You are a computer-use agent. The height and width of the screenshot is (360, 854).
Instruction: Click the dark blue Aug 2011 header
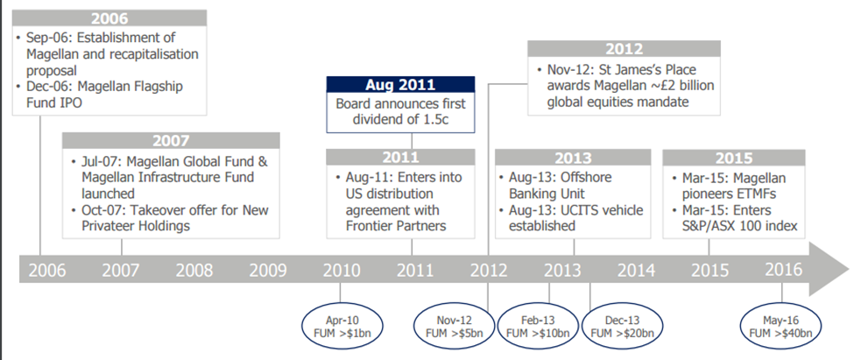[400, 84]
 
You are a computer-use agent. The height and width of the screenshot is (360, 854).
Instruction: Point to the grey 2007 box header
[171, 140]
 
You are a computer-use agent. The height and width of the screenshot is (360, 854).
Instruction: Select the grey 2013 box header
[573, 158]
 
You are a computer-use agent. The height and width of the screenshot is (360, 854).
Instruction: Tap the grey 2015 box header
[734, 158]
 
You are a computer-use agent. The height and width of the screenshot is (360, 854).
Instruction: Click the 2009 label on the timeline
[267, 270]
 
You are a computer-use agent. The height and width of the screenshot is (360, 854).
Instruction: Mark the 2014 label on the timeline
[637, 270]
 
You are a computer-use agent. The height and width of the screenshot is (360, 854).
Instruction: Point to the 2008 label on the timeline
[194, 270]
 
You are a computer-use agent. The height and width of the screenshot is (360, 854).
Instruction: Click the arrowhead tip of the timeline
[849, 269]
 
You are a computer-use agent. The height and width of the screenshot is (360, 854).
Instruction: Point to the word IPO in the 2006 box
[71, 102]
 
